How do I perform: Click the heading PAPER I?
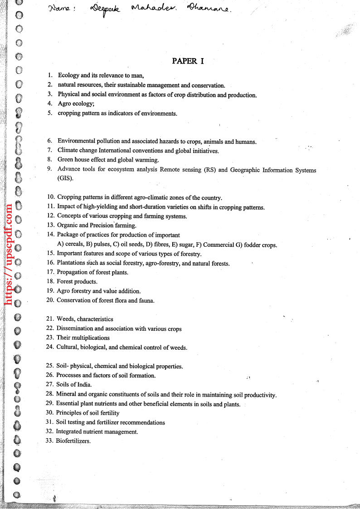[188, 61]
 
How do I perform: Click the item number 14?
[50, 235]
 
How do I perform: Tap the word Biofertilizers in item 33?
[73, 440]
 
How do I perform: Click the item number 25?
[50, 366]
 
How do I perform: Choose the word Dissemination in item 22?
[75, 328]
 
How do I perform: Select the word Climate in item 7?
[68, 150]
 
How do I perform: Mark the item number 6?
[50, 141]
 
